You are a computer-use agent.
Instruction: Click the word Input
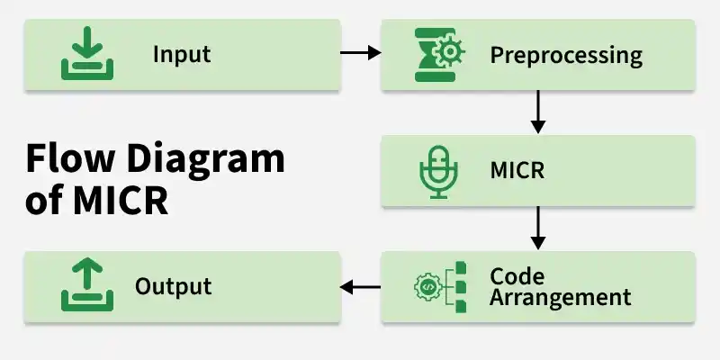click(182, 55)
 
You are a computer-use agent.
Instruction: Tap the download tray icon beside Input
click(87, 53)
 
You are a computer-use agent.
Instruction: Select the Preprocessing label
click(566, 56)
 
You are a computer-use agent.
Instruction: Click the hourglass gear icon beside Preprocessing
click(439, 55)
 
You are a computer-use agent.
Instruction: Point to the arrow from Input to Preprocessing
click(361, 53)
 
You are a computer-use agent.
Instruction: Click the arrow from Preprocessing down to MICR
click(537, 112)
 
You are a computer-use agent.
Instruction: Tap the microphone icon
click(438, 172)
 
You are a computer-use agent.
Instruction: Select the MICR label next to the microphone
click(517, 170)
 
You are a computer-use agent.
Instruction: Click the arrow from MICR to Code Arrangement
click(537, 228)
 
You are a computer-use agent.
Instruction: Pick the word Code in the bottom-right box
click(517, 276)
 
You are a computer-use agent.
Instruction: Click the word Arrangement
click(560, 298)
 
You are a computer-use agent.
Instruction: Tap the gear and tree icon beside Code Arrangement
click(440, 287)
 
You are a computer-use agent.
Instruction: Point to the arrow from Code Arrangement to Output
click(361, 287)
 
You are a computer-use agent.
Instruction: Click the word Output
click(173, 286)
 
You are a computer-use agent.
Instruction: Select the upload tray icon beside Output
click(87, 284)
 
